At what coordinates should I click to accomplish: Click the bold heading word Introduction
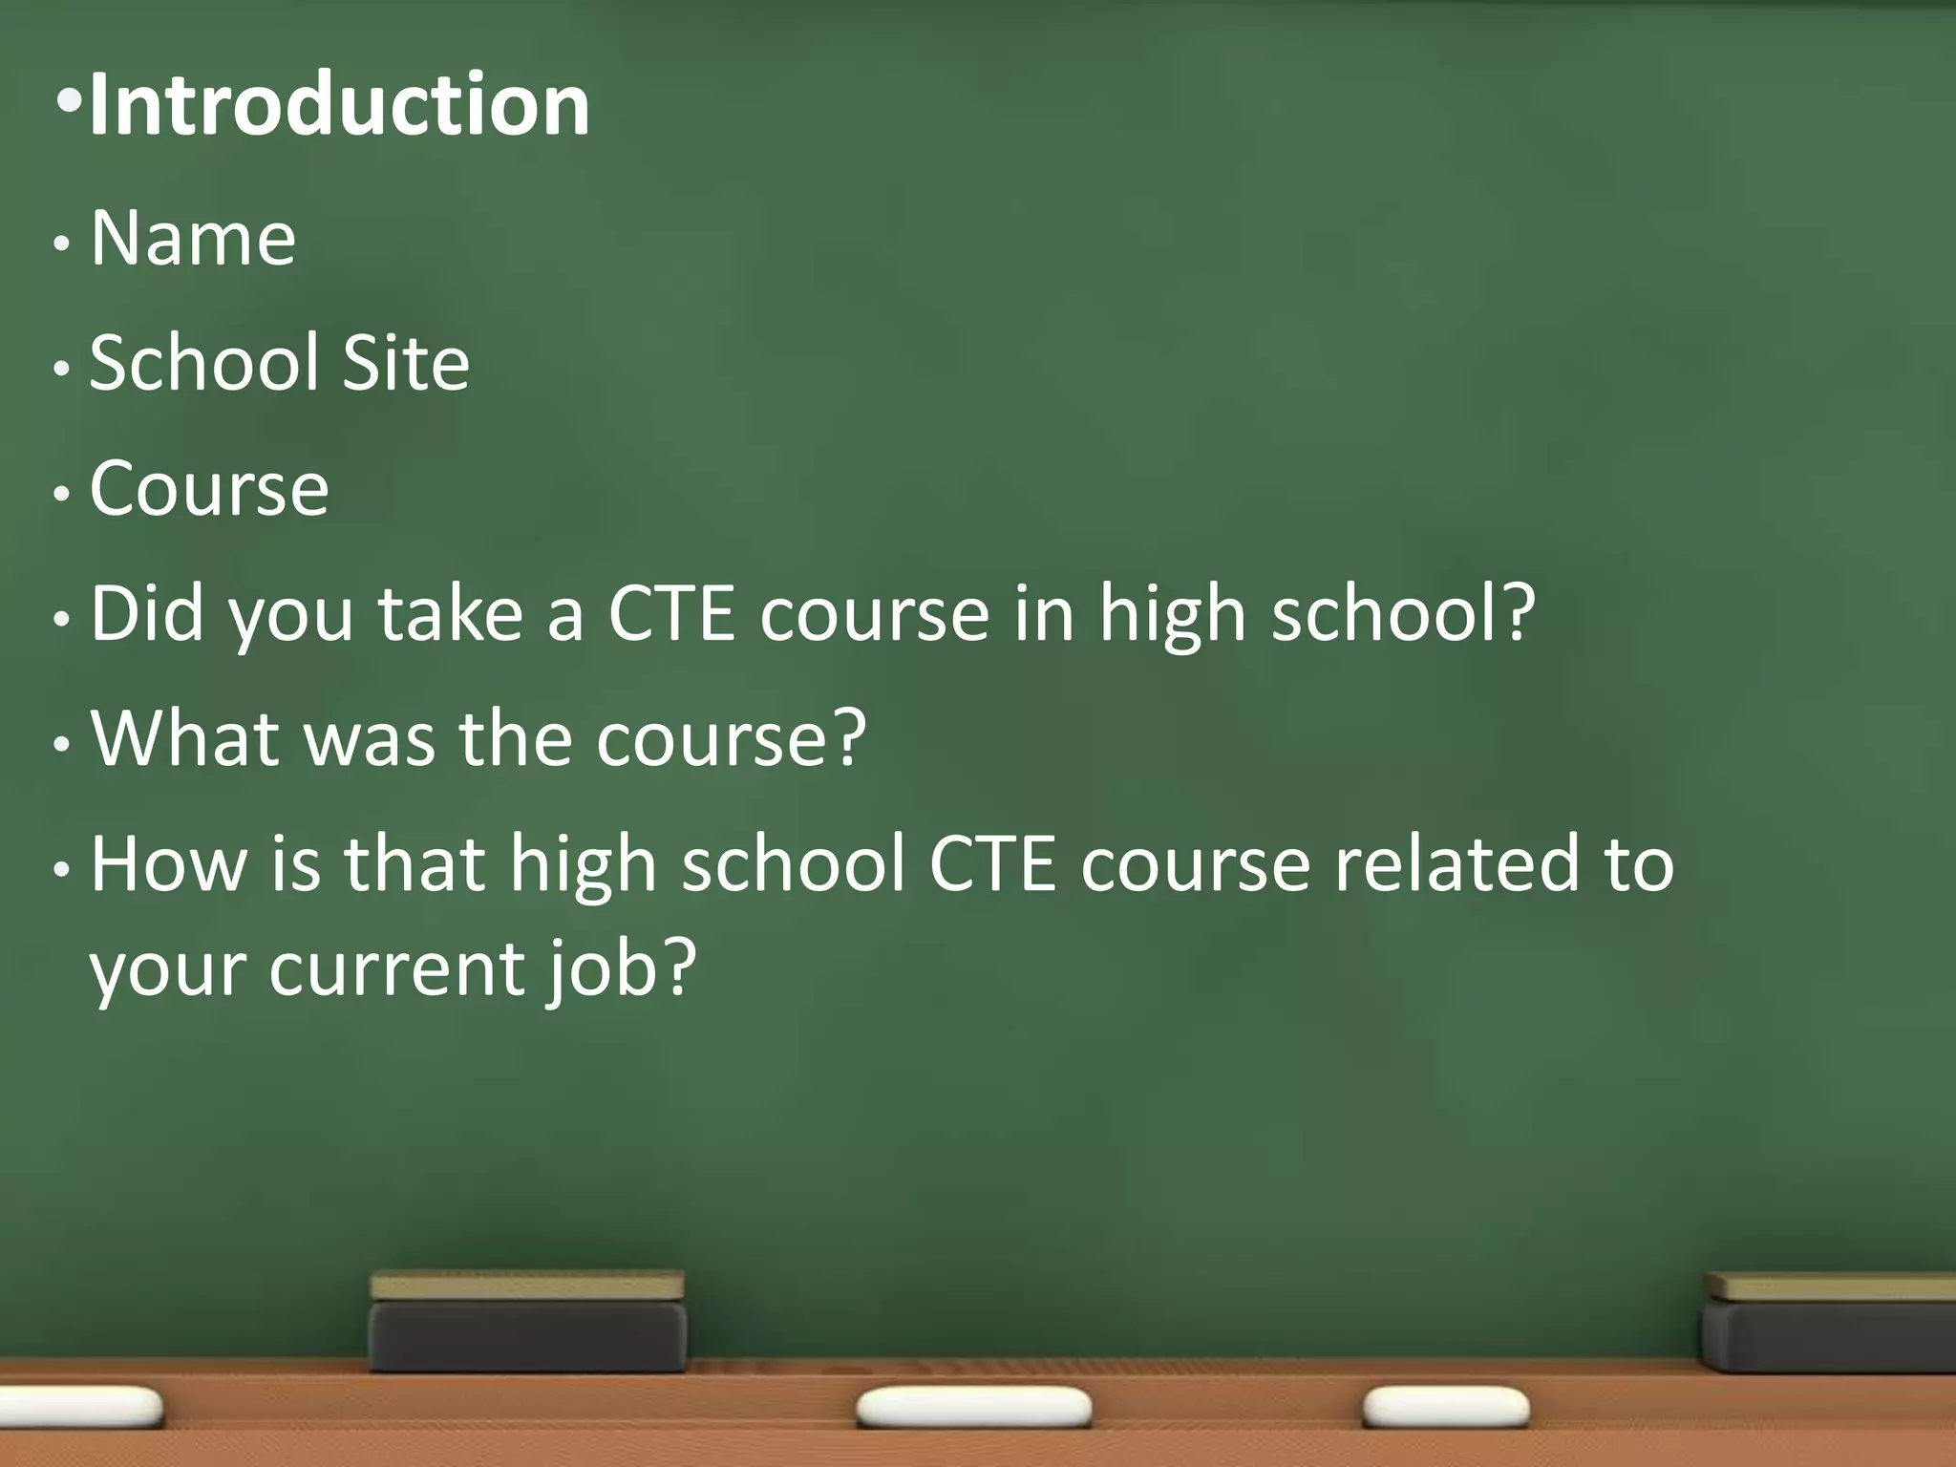pyautogui.click(x=339, y=105)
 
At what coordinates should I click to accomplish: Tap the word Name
pyautogui.click(x=193, y=238)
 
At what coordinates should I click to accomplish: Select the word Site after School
pyautogui.click(x=406, y=363)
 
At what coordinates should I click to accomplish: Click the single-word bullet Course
pyautogui.click(x=209, y=489)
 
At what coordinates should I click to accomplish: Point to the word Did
pyautogui.click(x=147, y=613)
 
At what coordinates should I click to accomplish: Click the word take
pyautogui.click(x=451, y=613)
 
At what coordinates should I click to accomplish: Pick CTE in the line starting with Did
pyautogui.click(x=671, y=613)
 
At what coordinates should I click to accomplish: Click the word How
pyautogui.click(x=169, y=863)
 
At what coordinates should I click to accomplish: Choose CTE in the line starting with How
pyautogui.click(x=993, y=863)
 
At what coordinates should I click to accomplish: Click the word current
pyautogui.click(x=396, y=969)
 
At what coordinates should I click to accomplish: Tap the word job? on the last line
pyautogui.click(x=622, y=969)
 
